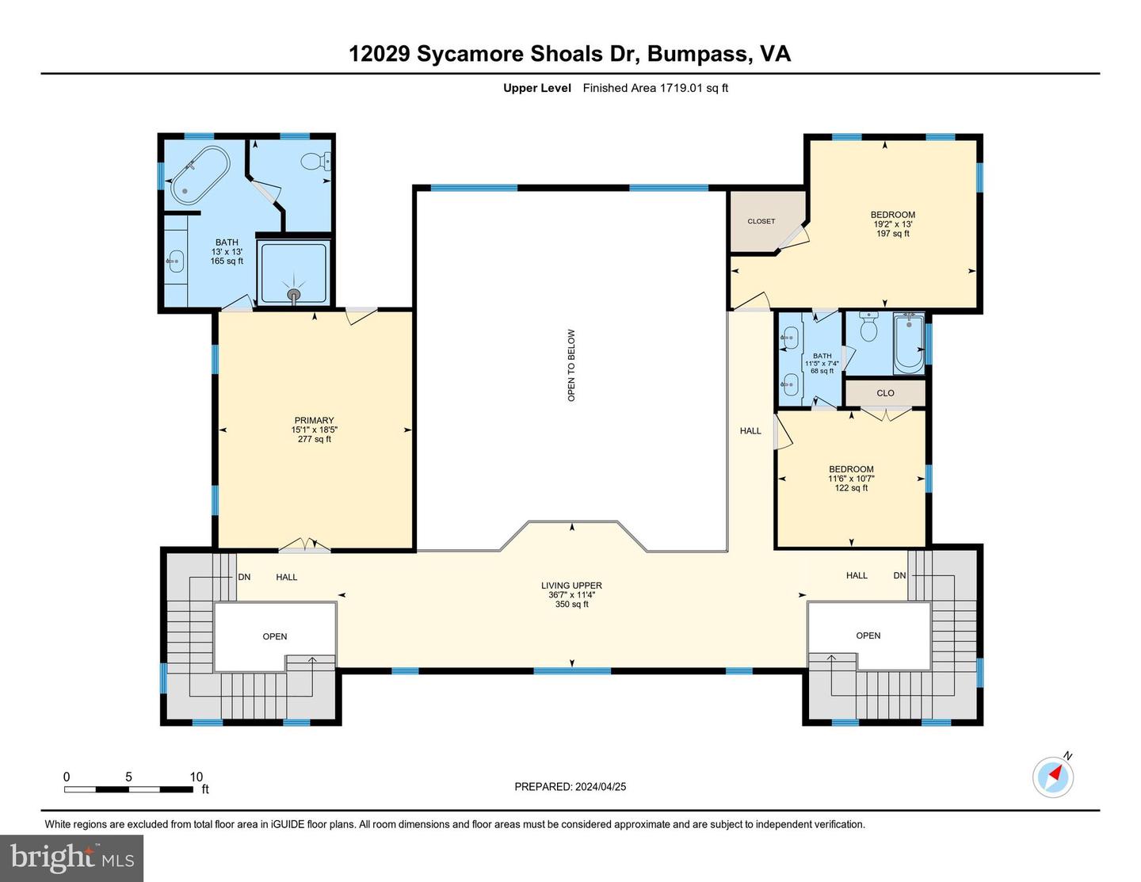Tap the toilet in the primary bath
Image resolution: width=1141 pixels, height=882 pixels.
[x=316, y=162]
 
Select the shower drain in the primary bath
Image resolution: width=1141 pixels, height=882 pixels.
[x=295, y=296]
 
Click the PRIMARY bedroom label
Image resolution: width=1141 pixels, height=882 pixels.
[x=315, y=421]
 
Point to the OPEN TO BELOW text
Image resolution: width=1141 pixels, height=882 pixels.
[x=571, y=365]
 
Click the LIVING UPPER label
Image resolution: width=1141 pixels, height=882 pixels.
[x=571, y=586]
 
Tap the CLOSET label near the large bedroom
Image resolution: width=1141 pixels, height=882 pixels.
[x=761, y=221]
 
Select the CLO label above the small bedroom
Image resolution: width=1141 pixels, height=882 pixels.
[x=885, y=393]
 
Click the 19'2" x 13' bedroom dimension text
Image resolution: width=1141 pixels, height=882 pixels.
[x=892, y=224]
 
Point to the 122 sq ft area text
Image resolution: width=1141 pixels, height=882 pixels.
[x=851, y=488]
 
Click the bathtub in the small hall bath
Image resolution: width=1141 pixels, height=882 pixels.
[x=908, y=344]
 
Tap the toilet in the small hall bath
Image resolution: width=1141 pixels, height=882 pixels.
[x=868, y=327]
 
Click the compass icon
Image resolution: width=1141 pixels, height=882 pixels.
[x=1053, y=777]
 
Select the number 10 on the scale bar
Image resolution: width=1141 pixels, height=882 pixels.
[x=196, y=777]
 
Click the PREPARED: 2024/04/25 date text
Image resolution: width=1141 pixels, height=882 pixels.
[x=570, y=787]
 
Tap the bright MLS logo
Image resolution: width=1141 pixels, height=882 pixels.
[x=72, y=858]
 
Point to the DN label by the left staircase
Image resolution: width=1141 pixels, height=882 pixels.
[x=244, y=577]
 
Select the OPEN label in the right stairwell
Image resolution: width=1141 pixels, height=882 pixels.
[x=868, y=636]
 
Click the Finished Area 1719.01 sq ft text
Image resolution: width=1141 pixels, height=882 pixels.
[x=655, y=88]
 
